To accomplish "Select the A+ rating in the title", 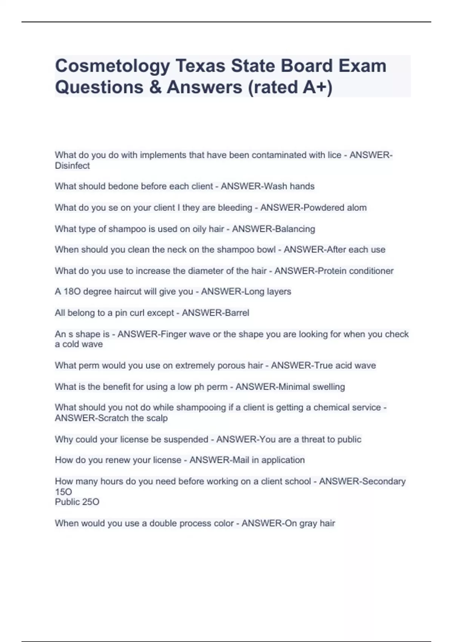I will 317,87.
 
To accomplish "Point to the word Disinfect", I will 72,166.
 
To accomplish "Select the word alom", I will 357,208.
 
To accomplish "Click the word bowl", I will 266,250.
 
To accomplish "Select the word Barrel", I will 237,313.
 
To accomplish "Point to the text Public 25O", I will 77,502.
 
